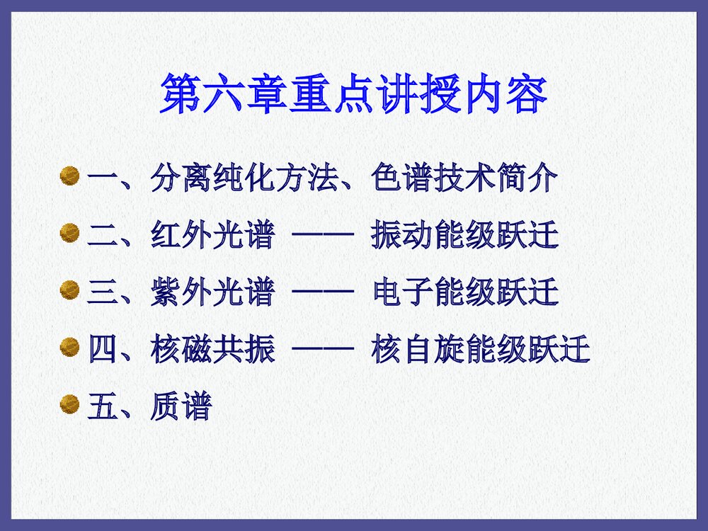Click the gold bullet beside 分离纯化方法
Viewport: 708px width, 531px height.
click(69, 176)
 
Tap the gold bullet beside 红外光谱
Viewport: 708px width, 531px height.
click(69, 233)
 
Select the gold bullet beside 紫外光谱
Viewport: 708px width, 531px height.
click(69, 290)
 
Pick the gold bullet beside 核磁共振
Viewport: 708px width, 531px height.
click(69, 348)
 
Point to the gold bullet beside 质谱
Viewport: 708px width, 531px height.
click(69, 404)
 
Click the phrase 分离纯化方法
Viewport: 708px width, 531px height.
click(243, 179)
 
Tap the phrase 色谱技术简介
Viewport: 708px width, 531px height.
click(464, 179)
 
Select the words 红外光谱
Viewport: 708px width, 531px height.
click(212, 236)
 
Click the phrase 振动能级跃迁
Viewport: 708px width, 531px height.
click(464, 236)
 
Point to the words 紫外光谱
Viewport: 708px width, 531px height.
click(212, 292)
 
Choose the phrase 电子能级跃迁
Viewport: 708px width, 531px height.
click(464, 292)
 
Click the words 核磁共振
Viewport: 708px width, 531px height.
click(212, 350)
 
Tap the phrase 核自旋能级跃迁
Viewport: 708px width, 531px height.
click(480, 350)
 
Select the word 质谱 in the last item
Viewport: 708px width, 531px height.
click(181, 407)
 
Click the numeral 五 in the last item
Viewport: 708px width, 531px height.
click(101, 407)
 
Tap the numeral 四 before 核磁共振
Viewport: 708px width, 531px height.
click(101, 350)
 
